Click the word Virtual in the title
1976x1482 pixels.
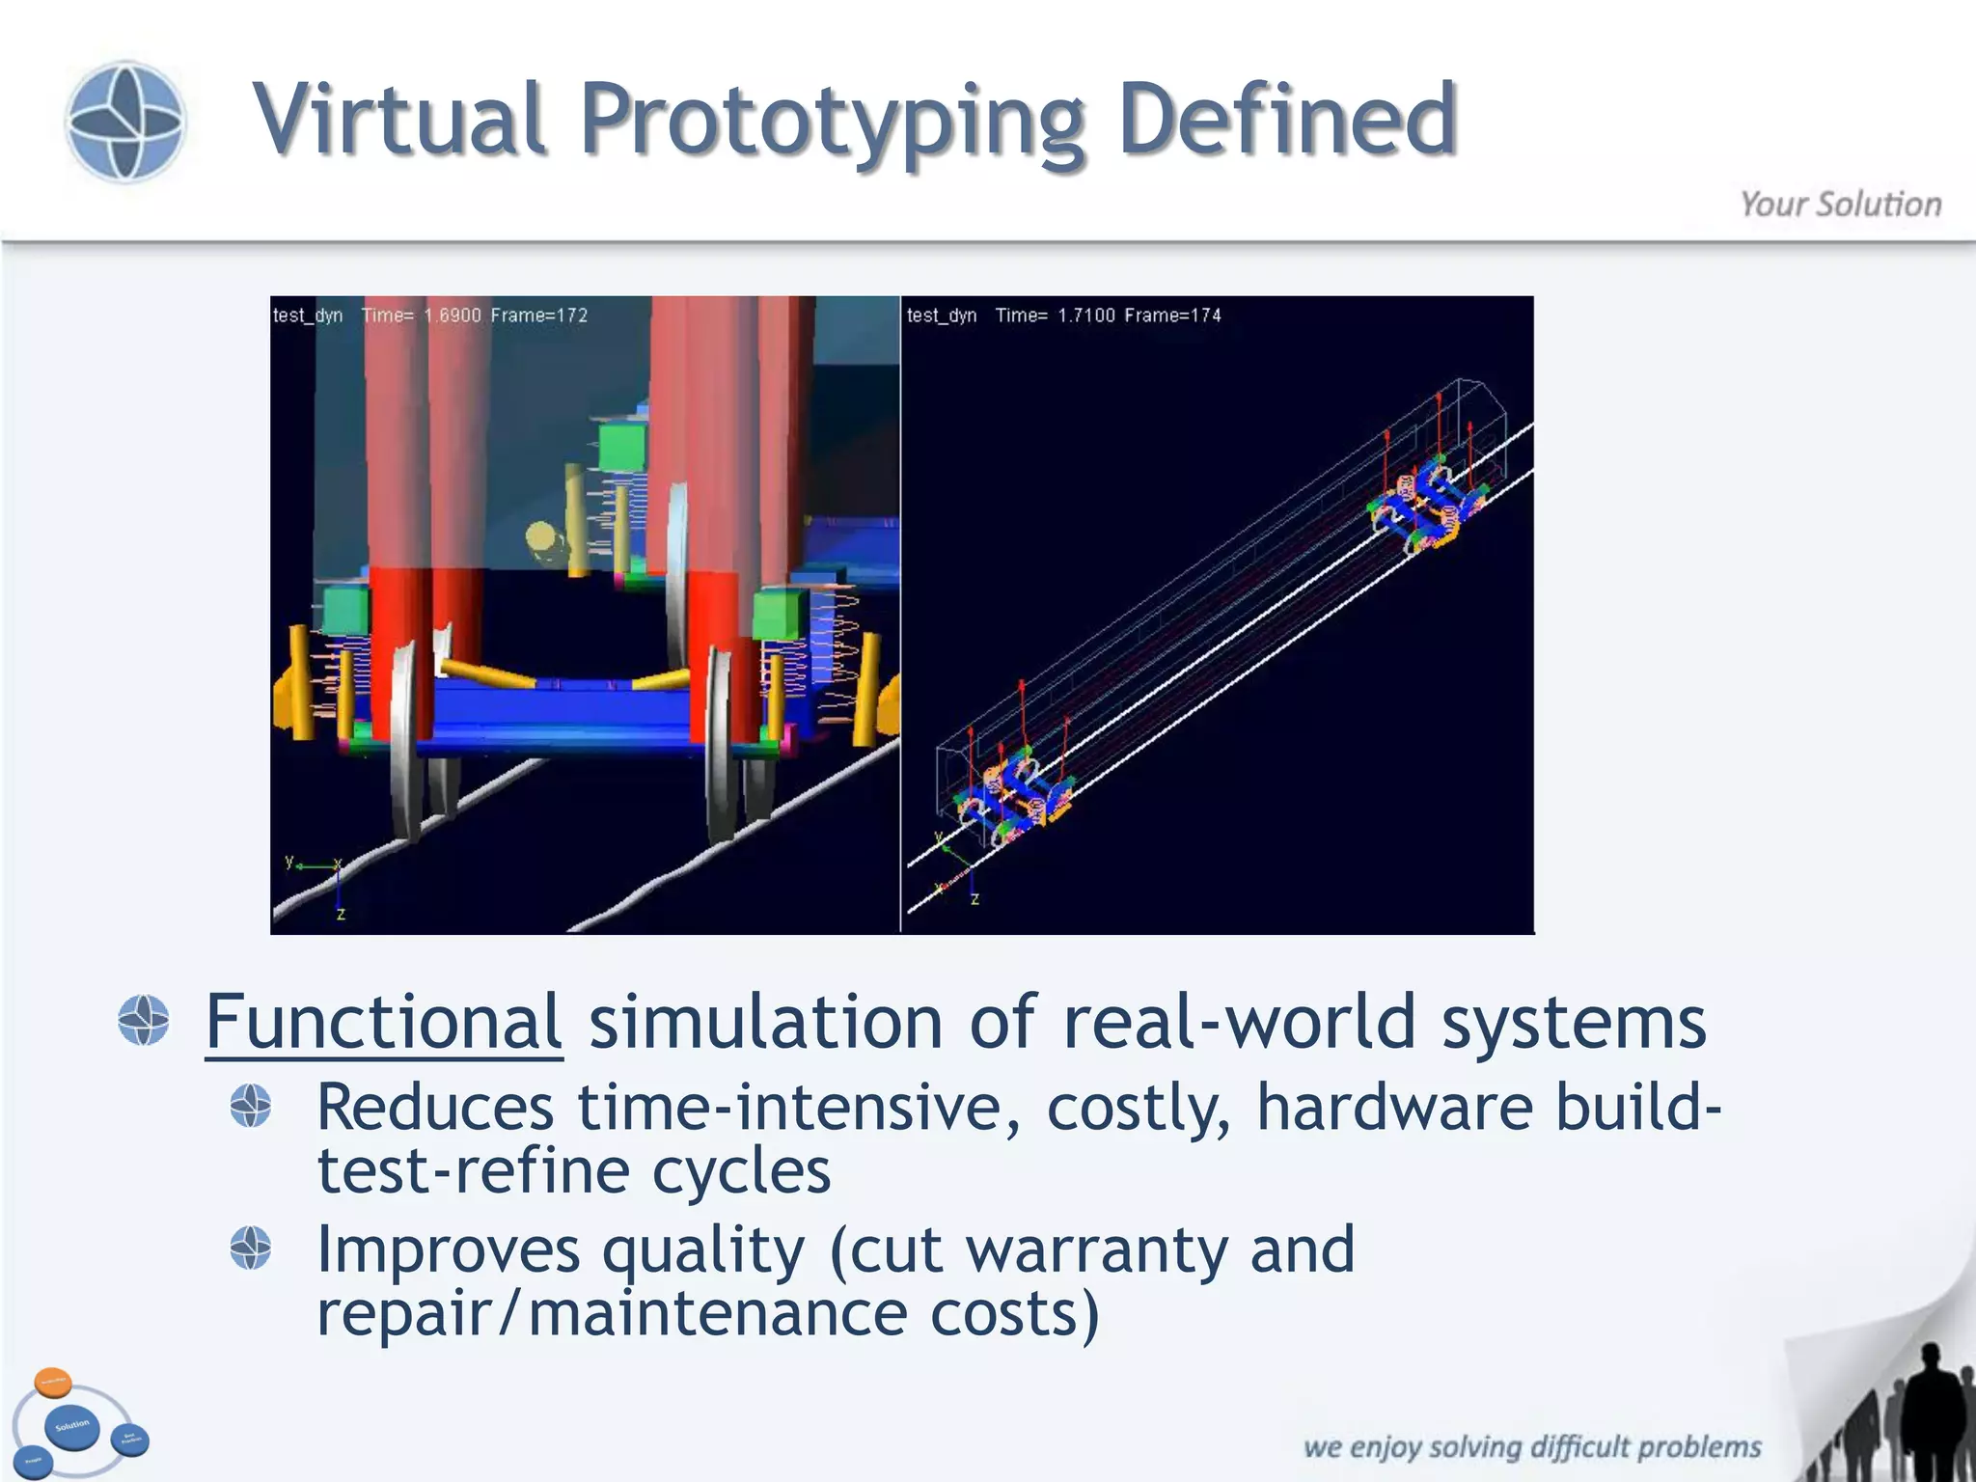[x=399, y=120]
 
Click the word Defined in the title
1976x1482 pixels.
[x=1287, y=120]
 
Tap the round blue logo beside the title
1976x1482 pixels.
[x=124, y=122]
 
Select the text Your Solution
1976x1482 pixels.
[x=1840, y=205]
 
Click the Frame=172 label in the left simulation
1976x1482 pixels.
[x=538, y=316]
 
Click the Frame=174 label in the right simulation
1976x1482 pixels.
[x=1172, y=316]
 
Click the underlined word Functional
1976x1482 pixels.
[x=383, y=1022]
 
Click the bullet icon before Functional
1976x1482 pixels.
[x=144, y=1020]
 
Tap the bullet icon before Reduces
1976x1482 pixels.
[x=251, y=1106]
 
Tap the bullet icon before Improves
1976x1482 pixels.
[x=251, y=1248]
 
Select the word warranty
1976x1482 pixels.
[x=1097, y=1249]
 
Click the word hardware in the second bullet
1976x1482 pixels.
[x=1394, y=1107]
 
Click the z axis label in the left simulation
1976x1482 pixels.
[x=341, y=913]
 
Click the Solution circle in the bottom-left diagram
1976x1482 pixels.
[x=72, y=1426]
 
